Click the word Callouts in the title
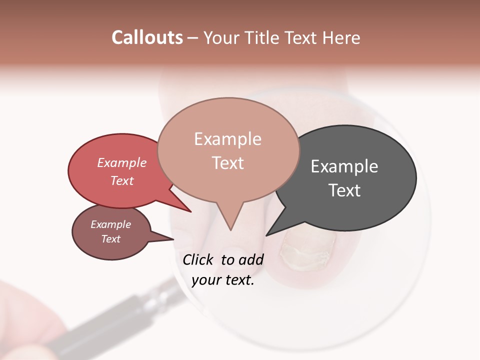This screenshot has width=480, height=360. [147, 37]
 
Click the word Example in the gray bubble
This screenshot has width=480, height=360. [344, 166]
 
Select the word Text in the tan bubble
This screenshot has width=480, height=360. [228, 163]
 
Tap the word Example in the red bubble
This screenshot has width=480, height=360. [122, 162]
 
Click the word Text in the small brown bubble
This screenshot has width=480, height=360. [111, 239]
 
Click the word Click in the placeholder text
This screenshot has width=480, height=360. [198, 259]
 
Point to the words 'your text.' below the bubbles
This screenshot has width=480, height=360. [223, 280]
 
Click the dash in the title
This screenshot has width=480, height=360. [193, 38]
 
